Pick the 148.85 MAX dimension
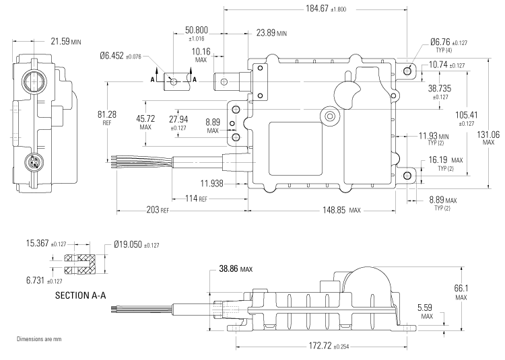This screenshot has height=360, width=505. [336, 211]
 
